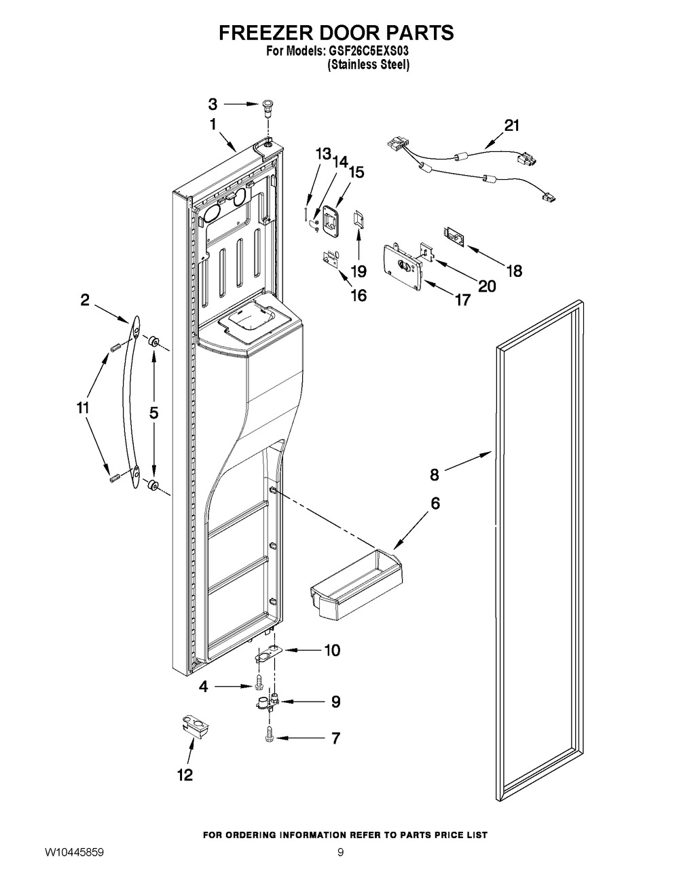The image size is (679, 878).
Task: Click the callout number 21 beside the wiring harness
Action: click(511, 126)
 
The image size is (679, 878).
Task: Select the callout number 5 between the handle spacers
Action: click(153, 411)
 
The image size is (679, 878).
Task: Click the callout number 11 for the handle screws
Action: click(82, 408)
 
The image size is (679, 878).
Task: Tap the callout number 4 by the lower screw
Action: click(203, 687)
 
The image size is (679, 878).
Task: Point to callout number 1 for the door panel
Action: click(213, 125)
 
